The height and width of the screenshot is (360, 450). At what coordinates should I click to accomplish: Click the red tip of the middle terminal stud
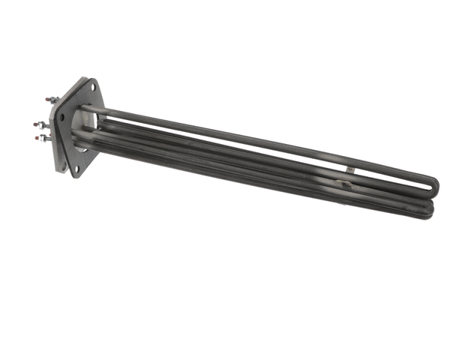(35, 124)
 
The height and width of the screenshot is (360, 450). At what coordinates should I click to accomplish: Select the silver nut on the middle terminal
(43, 124)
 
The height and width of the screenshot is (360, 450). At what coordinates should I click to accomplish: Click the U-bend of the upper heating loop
(436, 182)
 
